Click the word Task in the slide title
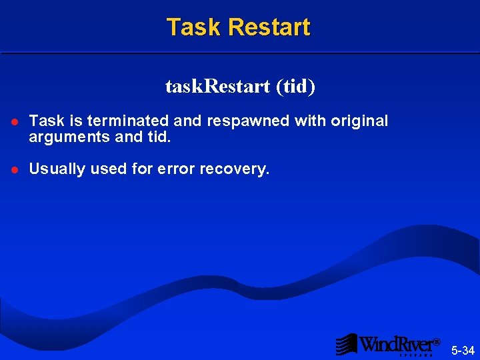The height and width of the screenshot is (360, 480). [x=193, y=27]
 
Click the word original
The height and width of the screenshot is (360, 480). [x=359, y=121]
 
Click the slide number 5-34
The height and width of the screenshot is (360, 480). [x=463, y=350]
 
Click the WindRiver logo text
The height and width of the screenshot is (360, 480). [x=396, y=344]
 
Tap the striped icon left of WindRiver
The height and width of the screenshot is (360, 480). [x=346, y=344]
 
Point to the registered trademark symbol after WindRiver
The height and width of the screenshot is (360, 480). [x=437, y=342]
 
